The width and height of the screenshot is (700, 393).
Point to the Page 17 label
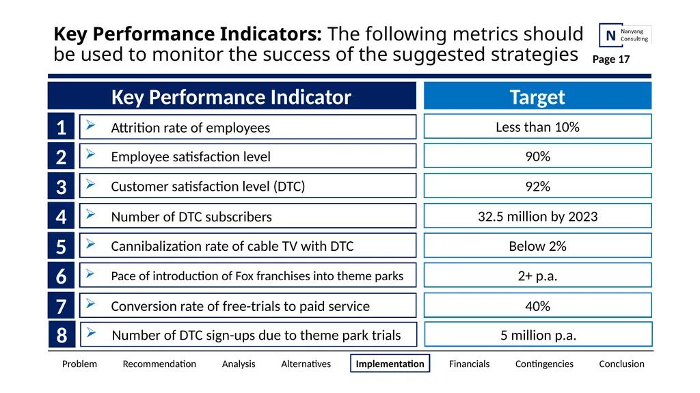[x=610, y=59]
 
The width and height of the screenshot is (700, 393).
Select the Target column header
[x=537, y=96]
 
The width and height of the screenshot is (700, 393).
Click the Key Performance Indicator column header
[x=232, y=96]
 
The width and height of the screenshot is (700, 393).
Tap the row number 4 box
[x=61, y=216]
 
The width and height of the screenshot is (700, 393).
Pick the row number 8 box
[x=62, y=335]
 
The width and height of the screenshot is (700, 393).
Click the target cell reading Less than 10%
[x=537, y=126]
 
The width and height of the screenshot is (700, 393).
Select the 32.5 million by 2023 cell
[x=537, y=216]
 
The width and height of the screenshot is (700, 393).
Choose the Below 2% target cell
[x=537, y=245]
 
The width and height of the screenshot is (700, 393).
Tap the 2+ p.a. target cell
[x=537, y=275]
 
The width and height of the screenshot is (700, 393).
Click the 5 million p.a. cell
[x=538, y=334]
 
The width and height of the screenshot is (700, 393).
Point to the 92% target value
[x=537, y=186]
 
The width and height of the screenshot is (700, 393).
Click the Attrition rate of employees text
[x=191, y=128]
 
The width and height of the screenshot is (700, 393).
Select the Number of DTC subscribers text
[x=191, y=217]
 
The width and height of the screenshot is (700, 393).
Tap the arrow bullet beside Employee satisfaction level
[x=91, y=154]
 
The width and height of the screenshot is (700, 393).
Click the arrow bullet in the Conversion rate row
[x=91, y=303]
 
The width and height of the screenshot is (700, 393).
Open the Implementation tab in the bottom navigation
[x=390, y=364]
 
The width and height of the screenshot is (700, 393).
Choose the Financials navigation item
[x=469, y=364]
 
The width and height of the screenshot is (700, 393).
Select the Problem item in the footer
[x=79, y=364]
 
